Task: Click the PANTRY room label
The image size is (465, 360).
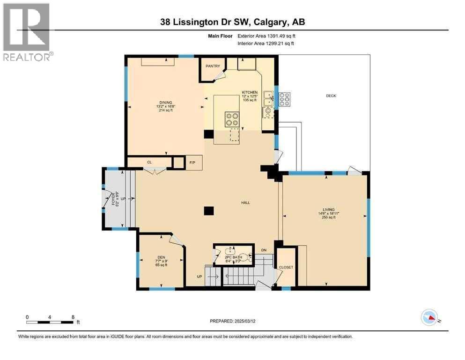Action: coord(213,66)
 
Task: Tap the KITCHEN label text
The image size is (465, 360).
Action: coord(249,92)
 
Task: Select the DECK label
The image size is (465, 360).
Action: coord(331,96)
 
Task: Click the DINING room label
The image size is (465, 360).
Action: coord(166,102)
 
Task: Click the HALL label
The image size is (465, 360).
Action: coord(245,202)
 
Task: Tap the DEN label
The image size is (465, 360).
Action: coord(161,256)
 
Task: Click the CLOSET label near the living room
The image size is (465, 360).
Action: coord(286,267)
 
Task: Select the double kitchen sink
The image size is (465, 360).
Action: coord(268,99)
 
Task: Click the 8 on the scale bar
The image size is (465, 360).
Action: coord(73,317)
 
